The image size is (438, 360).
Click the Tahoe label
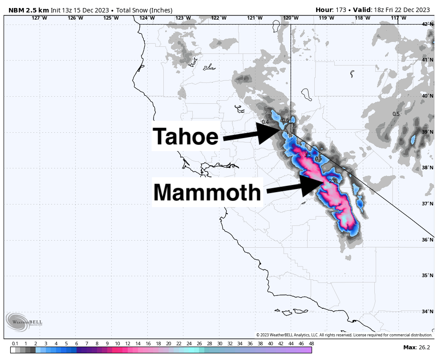(x=186, y=137)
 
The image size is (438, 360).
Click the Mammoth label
(x=207, y=192)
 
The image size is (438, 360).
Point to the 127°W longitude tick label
(x=39, y=18)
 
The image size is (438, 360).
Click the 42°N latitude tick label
(x=428, y=24)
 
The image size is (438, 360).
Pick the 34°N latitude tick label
(x=428, y=311)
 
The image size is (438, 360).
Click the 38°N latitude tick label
(x=428, y=168)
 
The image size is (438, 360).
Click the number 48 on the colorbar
(x=311, y=344)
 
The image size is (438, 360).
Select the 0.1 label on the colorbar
(x=15, y=344)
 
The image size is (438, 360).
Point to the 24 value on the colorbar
(x=189, y=344)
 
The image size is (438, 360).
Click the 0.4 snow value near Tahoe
(x=265, y=122)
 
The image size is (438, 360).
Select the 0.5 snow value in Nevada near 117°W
(x=396, y=114)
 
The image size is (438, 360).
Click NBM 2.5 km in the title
(x=28, y=10)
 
